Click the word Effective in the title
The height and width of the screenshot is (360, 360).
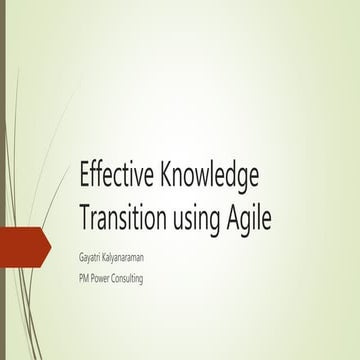coord(109,176)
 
